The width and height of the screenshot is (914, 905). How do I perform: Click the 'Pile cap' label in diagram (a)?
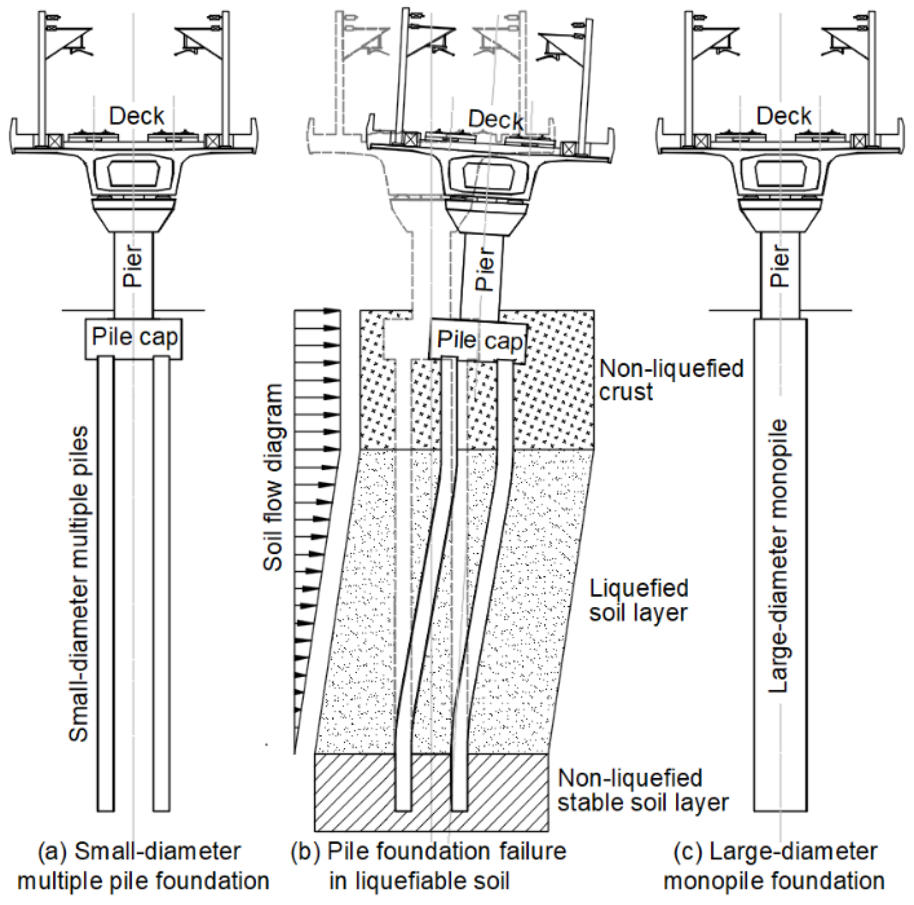[x=135, y=338]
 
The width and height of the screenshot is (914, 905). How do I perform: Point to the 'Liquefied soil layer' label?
[x=638, y=600]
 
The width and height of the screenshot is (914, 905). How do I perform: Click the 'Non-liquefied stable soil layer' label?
[x=642, y=791]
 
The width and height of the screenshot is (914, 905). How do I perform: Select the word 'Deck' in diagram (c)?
[x=783, y=116]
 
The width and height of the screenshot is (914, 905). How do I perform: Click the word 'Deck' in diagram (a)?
[x=137, y=116]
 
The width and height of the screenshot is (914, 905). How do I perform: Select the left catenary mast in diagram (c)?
[x=690, y=76]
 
